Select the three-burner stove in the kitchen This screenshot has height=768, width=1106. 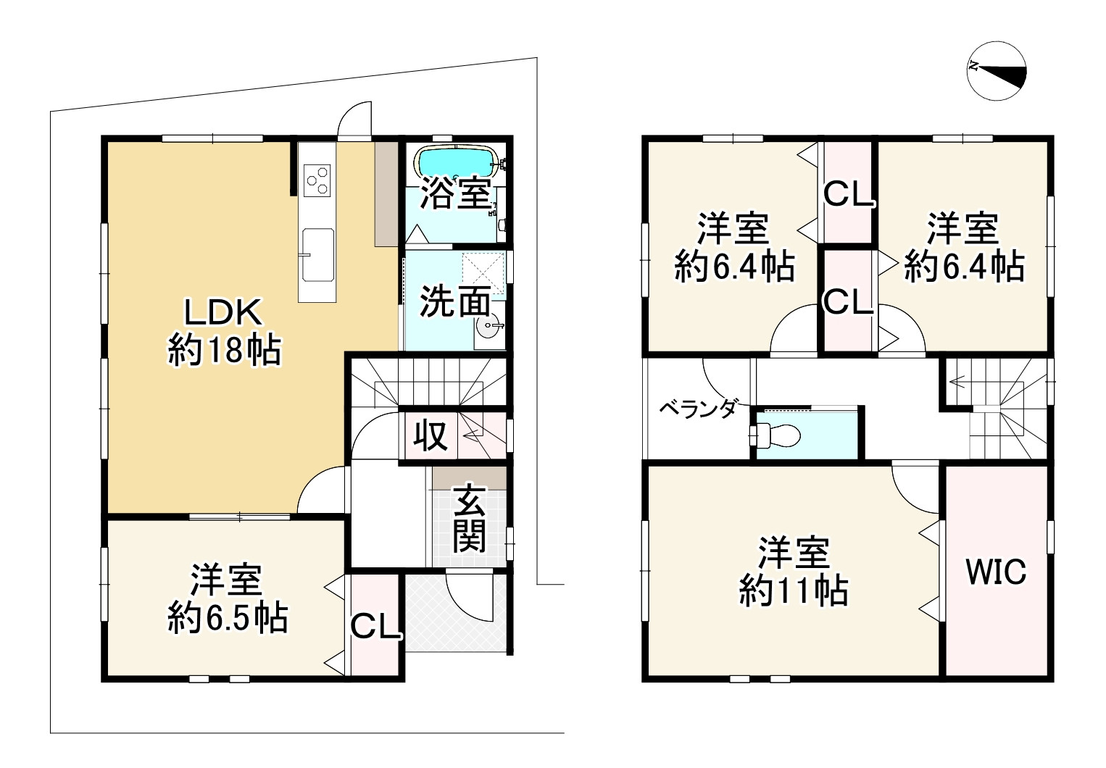[317, 180]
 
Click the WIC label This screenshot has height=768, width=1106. [996, 572]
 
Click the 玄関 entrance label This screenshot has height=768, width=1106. [470, 519]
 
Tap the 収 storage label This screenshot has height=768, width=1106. [431, 436]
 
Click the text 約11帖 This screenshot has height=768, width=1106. [794, 592]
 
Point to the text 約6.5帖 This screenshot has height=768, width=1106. [228, 618]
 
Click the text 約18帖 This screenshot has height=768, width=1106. [224, 351]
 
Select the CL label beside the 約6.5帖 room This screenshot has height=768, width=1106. [374, 627]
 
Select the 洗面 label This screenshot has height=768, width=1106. [455, 302]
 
